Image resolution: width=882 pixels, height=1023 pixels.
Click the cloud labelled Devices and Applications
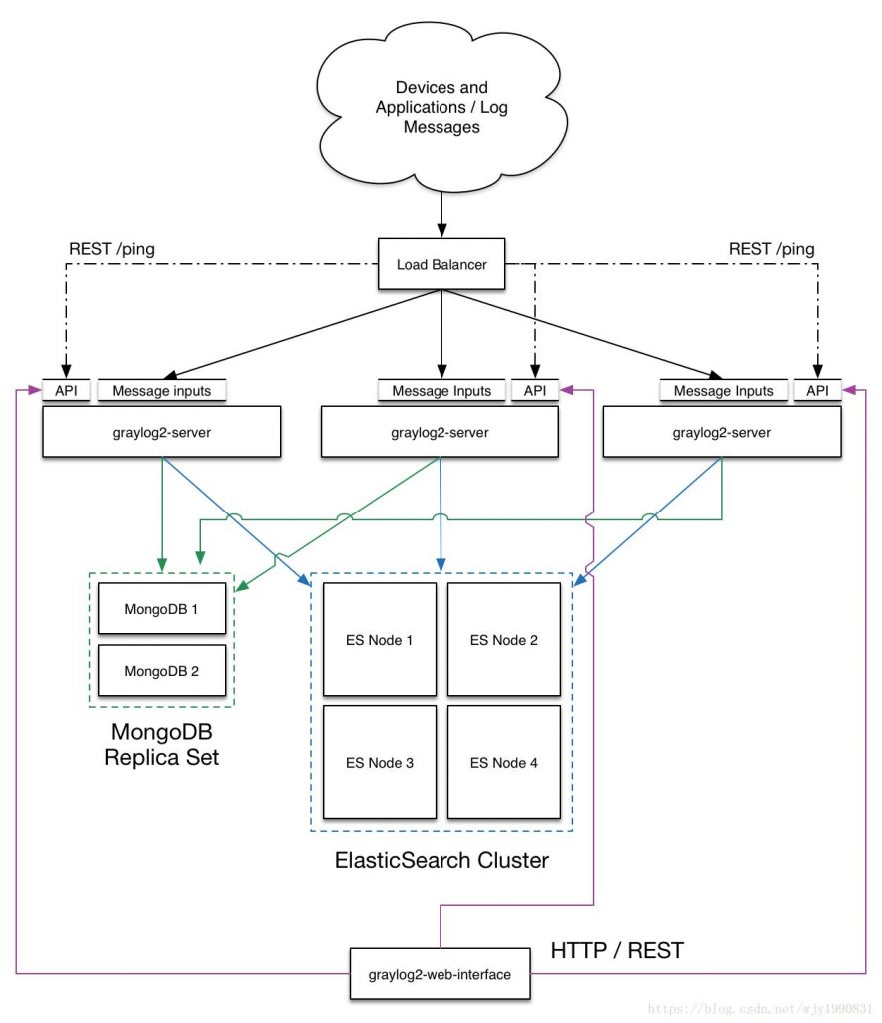click(x=441, y=108)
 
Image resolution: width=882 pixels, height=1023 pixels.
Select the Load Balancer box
click(x=441, y=264)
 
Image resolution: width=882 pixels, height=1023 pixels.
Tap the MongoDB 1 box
click(x=161, y=608)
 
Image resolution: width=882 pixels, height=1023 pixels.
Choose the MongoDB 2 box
click(x=161, y=671)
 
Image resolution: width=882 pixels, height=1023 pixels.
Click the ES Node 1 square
click(x=380, y=639)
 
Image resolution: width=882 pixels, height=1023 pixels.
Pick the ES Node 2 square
click(x=503, y=639)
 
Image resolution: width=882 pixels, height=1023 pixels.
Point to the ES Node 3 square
click(x=380, y=763)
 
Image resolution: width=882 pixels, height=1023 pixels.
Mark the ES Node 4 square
click(x=503, y=763)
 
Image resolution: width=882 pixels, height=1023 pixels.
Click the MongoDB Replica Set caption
click(x=161, y=744)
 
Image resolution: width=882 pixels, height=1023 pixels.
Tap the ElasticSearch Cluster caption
click(x=441, y=859)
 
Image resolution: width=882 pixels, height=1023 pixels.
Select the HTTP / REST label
click(x=617, y=950)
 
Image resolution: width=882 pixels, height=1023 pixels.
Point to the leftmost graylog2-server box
click(x=161, y=432)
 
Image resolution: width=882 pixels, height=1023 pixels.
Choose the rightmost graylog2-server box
click(x=722, y=432)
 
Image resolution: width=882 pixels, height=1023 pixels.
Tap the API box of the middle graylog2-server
click(x=536, y=390)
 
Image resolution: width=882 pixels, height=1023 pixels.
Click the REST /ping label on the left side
click(x=111, y=248)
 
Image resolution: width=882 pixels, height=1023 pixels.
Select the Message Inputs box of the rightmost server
click(x=723, y=390)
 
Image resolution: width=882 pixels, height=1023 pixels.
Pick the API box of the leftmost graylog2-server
click(x=66, y=390)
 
